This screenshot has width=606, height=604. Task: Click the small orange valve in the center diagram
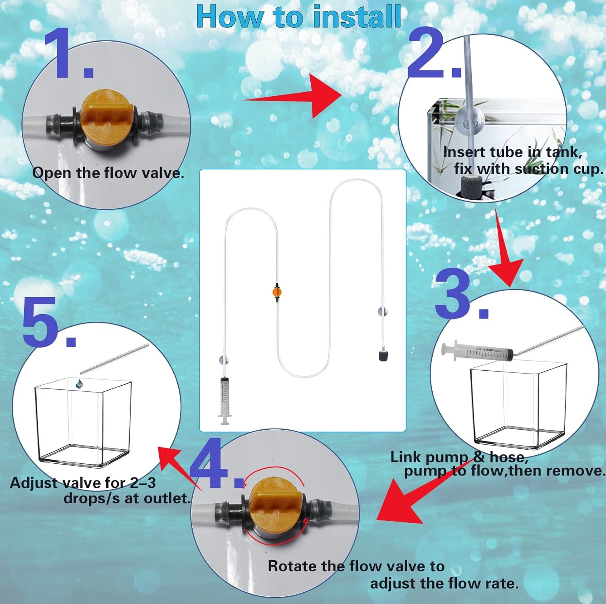(x=277, y=291)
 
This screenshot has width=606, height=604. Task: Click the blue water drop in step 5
(x=79, y=383)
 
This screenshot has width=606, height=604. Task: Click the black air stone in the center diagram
(x=383, y=356)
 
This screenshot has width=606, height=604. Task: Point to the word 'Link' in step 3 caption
(x=406, y=457)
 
